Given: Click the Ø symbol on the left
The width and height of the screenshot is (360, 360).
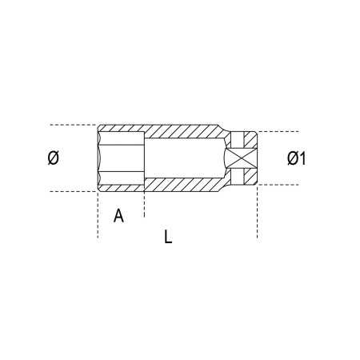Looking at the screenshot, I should click(54, 158).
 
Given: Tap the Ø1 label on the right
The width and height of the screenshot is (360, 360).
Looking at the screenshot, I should click(297, 158).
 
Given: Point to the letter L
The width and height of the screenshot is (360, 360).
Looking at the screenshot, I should click(168, 237).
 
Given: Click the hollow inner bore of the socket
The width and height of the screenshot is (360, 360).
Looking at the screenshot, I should click(184, 158).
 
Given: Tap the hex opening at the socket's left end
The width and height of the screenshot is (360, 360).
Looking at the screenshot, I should click(120, 158).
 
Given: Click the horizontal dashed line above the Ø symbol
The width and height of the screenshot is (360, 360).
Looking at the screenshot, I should click(72, 125).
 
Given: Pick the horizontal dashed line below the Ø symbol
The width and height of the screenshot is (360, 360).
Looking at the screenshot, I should click(72, 192).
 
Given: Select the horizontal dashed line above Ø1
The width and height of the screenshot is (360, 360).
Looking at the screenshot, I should click(280, 132).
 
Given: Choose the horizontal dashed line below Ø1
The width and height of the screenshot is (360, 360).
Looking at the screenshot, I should click(280, 185).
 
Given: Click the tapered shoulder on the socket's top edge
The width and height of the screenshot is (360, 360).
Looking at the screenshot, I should click(220, 128).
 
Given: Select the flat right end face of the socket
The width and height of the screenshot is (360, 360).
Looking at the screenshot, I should click(257, 158).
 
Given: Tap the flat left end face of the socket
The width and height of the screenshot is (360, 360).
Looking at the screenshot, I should click(98, 158).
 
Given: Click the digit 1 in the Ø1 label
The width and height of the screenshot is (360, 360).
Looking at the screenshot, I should click(303, 158).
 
